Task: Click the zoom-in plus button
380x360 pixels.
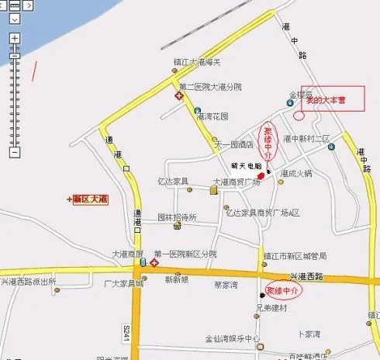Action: coord(13,37)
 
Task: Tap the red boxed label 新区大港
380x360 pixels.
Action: coord(89,199)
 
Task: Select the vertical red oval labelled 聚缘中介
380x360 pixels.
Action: coord(268,142)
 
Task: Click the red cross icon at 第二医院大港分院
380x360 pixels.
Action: coord(178,96)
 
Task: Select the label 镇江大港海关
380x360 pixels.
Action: coord(197,62)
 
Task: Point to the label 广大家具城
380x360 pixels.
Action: coord(124,283)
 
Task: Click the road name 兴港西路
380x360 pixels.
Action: coord(306,276)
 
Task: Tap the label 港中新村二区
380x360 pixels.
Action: coord(307,138)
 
